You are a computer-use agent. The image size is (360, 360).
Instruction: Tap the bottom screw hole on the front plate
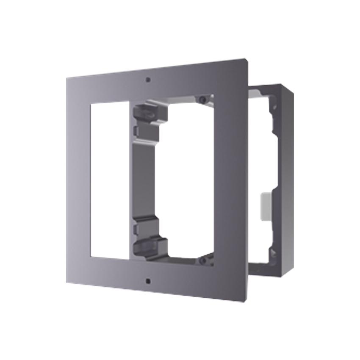pyautogui.click(x=146, y=281)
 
